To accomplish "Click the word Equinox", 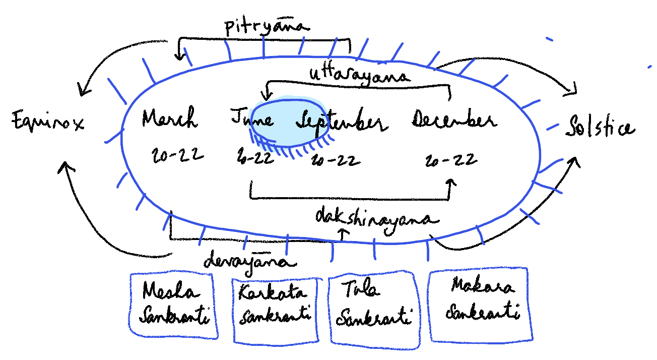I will click(48, 123).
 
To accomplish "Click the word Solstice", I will click(600, 127).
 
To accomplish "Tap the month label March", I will click(169, 118).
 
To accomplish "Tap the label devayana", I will click(249, 261).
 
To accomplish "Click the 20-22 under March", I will click(177, 155).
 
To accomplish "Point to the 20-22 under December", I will click(450, 160).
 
